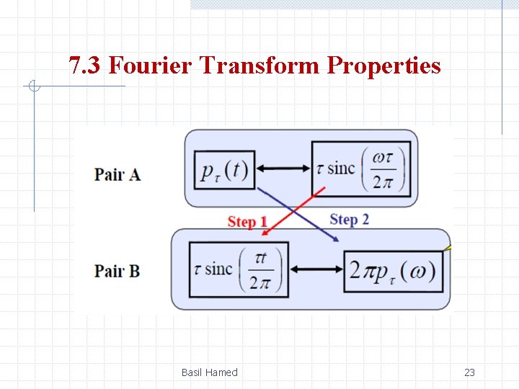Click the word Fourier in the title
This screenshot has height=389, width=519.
coord(152,66)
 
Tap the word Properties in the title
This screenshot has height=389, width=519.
coord(383,66)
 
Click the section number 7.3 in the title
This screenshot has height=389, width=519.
coord(86,66)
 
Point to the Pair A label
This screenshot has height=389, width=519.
coord(117,174)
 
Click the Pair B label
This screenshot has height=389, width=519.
coord(117,271)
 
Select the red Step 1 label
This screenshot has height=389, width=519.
coord(247,222)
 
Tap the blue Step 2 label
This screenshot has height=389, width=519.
coord(349,219)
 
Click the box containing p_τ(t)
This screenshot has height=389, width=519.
coord(223,170)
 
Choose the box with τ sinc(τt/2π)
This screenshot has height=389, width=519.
coord(238,269)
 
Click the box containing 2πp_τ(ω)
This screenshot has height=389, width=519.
coord(393,271)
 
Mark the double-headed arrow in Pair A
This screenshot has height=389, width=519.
coord(283,169)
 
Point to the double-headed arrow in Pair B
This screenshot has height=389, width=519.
coord(316,269)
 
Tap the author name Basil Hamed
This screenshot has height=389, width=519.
coord(209,372)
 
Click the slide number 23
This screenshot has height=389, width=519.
coord(469,372)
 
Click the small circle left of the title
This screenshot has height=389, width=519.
coord(33,87)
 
